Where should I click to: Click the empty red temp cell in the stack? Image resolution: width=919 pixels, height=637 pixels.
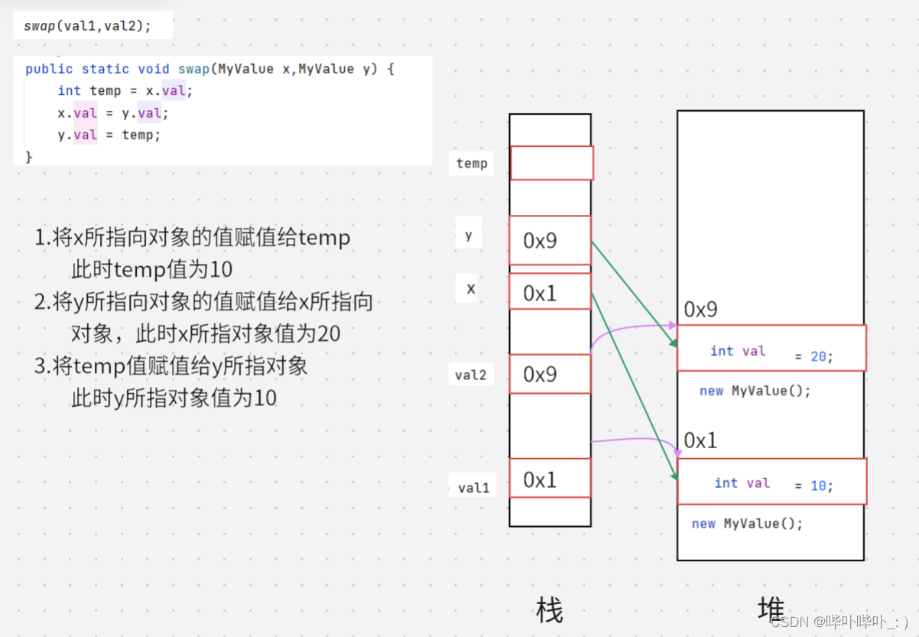(x=551, y=163)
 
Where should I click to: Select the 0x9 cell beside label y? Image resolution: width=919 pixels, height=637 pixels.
(x=550, y=241)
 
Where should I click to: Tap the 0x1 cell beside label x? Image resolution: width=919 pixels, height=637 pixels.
(x=550, y=292)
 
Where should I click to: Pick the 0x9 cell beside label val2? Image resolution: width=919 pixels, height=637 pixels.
(x=550, y=374)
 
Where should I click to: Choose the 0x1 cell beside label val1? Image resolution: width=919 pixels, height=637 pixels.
(x=550, y=479)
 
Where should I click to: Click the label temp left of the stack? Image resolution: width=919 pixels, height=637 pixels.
(x=472, y=163)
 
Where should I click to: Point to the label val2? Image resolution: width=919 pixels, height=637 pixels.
(x=471, y=375)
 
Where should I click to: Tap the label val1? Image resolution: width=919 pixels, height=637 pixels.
(x=473, y=487)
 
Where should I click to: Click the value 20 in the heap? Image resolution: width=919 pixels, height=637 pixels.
(x=818, y=356)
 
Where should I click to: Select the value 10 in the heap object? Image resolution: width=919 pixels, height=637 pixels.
(x=818, y=486)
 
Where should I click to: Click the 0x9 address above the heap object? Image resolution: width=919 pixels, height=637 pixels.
(x=700, y=310)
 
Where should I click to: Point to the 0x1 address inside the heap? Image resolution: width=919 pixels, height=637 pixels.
(x=700, y=440)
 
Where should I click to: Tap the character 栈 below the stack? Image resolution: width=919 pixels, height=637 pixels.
(x=550, y=611)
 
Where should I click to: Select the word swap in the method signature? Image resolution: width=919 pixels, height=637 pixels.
(x=193, y=69)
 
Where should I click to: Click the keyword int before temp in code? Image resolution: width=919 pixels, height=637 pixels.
(x=69, y=91)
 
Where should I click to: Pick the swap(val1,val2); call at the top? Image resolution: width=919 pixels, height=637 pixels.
(x=87, y=26)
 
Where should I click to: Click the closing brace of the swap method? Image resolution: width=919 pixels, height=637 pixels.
(x=29, y=157)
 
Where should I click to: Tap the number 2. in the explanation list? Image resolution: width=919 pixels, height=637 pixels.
(x=43, y=302)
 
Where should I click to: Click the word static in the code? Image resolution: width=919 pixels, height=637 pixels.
(x=106, y=69)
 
